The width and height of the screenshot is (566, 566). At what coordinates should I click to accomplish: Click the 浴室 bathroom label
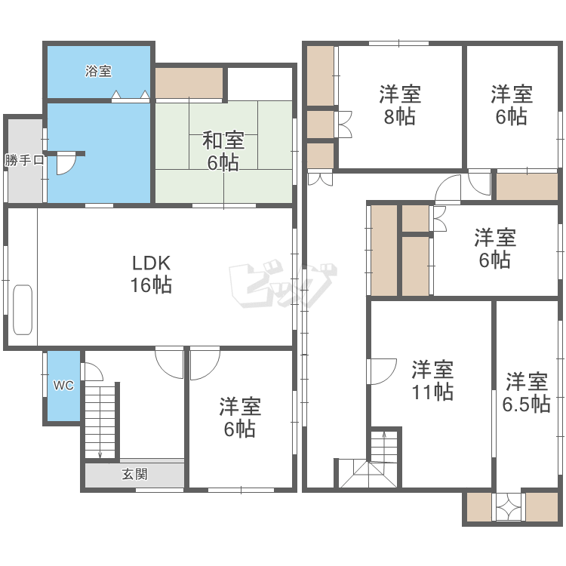98,71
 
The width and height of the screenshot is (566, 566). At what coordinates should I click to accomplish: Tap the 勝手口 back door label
24,159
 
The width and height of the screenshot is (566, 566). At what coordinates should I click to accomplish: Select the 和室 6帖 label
223,151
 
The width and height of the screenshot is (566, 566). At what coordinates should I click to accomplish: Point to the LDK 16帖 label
151,274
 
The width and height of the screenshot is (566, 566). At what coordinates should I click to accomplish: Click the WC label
63,386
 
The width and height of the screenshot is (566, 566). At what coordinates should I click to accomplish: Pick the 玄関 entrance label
134,474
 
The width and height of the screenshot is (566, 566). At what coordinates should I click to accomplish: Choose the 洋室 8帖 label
400,105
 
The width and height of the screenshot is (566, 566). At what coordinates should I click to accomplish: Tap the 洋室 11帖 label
432,380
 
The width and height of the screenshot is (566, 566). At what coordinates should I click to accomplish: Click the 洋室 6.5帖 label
526,392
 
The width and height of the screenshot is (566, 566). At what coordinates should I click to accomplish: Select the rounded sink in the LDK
23,309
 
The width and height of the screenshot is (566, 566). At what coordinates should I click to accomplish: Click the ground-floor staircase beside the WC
100,421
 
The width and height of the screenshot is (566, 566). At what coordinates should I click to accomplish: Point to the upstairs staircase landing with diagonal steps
368,473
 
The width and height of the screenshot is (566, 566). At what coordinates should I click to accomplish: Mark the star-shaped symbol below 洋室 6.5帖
509,506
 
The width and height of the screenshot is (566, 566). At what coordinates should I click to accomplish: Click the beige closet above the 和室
189,83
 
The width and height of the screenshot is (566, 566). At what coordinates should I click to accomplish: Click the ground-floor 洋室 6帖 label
240,417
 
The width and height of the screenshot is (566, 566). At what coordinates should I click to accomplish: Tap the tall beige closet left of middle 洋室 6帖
384,251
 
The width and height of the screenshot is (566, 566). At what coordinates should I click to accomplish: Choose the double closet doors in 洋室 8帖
343,125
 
